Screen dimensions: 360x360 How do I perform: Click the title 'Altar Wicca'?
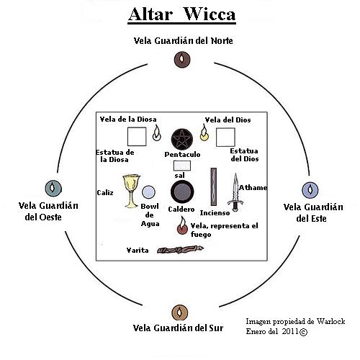[181, 14]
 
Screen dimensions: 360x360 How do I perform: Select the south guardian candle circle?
[179, 312]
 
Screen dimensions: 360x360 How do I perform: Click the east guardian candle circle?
[309, 190]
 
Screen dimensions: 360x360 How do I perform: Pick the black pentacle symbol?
[181, 138]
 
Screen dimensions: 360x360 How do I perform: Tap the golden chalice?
[130, 191]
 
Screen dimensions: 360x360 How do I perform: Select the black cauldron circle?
[181, 192]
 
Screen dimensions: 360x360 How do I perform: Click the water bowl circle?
[149, 192]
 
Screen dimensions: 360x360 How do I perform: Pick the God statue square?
[225, 137]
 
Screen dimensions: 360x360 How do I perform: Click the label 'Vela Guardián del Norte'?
[181, 40]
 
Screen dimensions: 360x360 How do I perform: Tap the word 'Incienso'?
[214, 214]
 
